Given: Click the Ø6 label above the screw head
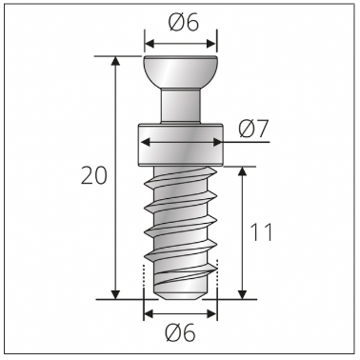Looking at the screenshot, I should pos(180,21).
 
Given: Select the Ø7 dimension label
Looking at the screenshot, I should pos(252,128).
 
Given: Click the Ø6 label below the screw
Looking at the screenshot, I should pos(180,333).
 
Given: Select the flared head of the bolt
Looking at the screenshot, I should pos(180,71).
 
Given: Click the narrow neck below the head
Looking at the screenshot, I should pos(180,105).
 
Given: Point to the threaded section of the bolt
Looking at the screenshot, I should pos(180,224).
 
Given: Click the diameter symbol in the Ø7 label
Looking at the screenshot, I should pos(243,128).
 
